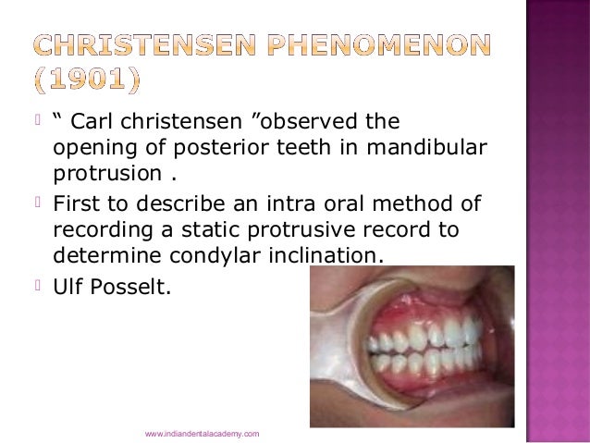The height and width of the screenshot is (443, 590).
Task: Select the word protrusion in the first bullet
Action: [x=96, y=175]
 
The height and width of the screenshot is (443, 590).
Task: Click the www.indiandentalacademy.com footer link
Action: [x=203, y=433]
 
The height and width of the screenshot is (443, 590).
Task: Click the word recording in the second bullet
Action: [x=97, y=229]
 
